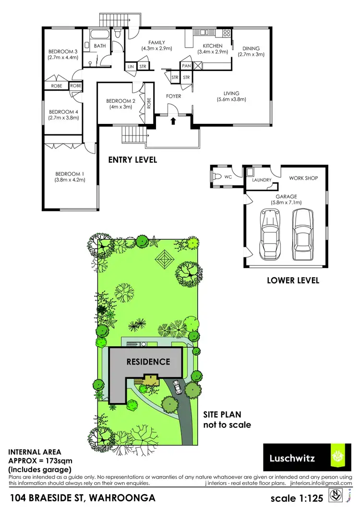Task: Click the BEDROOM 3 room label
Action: (x=63, y=51)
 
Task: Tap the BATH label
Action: (x=100, y=46)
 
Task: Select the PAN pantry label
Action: (x=186, y=66)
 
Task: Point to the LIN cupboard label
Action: (x=131, y=67)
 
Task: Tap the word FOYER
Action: (x=173, y=96)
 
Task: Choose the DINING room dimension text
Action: (x=251, y=55)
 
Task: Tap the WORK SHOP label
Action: (x=303, y=178)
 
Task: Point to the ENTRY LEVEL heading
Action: (x=132, y=160)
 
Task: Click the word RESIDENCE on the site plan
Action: (x=148, y=362)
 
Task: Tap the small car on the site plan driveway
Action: (x=178, y=387)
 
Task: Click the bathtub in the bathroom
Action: (x=100, y=35)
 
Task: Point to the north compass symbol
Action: (x=337, y=495)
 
